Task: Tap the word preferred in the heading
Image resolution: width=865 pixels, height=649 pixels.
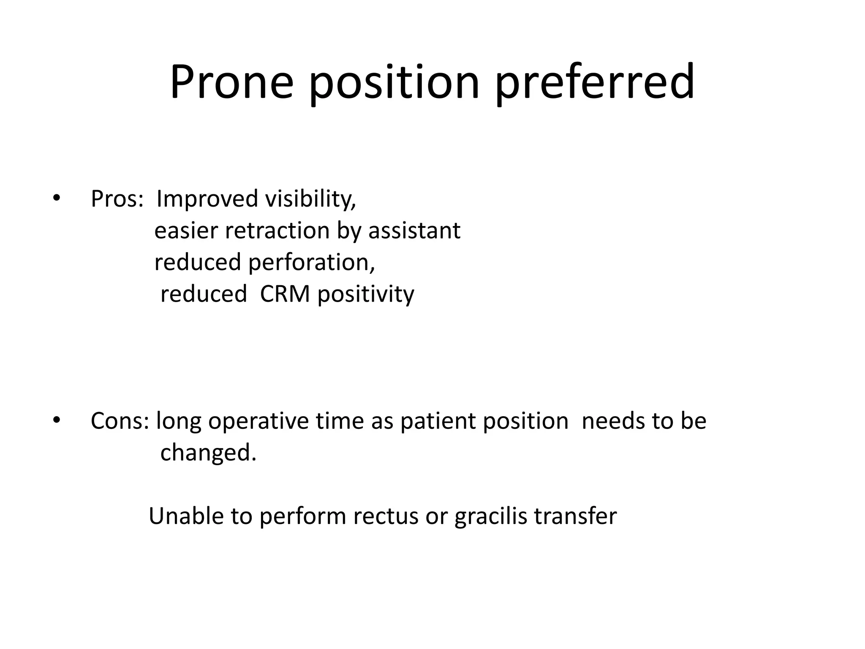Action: [595, 83]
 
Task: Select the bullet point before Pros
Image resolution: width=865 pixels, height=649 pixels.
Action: [57, 198]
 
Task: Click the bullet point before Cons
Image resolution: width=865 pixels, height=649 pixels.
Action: [57, 420]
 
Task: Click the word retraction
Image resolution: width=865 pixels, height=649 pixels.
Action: [277, 231]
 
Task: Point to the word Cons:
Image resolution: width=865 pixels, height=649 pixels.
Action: [120, 421]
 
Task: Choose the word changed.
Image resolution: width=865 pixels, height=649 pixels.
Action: [208, 453]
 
